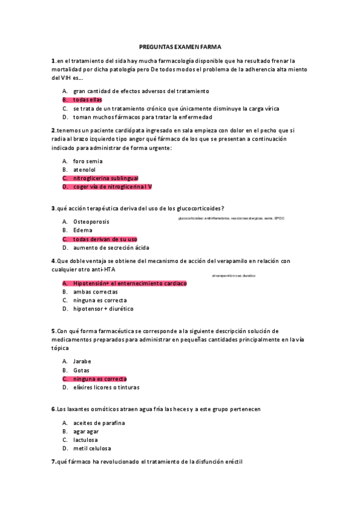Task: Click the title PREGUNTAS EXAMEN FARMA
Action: click(x=180, y=46)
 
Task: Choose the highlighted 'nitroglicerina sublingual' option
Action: click(x=105, y=178)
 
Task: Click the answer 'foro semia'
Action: click(x=88, y=161)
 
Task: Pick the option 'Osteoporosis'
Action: click(x=91, y=221)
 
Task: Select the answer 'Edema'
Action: click(x=82, y=230)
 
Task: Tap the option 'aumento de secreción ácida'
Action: click(x=111, y=247)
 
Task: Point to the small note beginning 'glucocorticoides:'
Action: click(x=231, y=218)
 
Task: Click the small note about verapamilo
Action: click(x=234, y=276)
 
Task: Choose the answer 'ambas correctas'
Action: click(x=95, y=292)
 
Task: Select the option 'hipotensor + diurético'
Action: click(x=103, y=309)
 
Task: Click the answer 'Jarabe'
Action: click(x=82, y=361)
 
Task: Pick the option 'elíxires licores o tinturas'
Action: click(x=106, y=387)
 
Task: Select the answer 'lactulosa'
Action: click(x=86, y=439)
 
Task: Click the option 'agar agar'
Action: click(x=86, y=431)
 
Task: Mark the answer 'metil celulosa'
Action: click(x=92, y=448)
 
